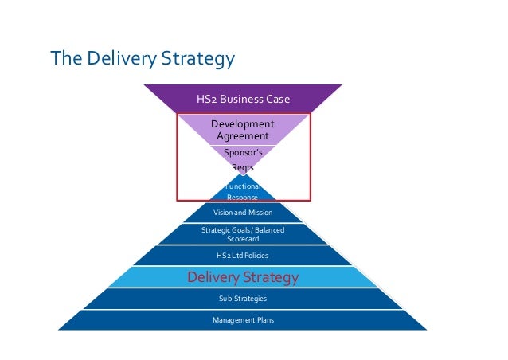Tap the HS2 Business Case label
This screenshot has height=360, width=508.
(x=242, y=100)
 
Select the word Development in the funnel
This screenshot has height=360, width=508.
(x=242, y=124)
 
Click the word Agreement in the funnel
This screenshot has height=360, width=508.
(x=242, y=136)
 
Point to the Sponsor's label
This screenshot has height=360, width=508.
(x=242, y=152)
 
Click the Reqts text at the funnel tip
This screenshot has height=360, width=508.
(x=242, y=168)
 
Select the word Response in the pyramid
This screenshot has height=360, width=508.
(x=242, y=196)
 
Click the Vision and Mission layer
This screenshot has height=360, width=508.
(x=242, y=213)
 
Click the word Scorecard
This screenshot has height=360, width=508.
(x=242, y=238)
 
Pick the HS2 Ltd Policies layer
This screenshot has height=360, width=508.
(x=242, y=256)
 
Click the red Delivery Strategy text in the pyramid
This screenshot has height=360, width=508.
(x=242, y=277)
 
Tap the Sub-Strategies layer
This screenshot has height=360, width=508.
(x=242, y=298)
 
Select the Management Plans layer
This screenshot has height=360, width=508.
(x=242, y=319)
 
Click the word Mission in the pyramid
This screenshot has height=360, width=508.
(x=259, y=213)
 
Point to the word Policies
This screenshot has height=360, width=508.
(x=255, y=256)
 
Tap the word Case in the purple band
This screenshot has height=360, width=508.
(x=276, y=100)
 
